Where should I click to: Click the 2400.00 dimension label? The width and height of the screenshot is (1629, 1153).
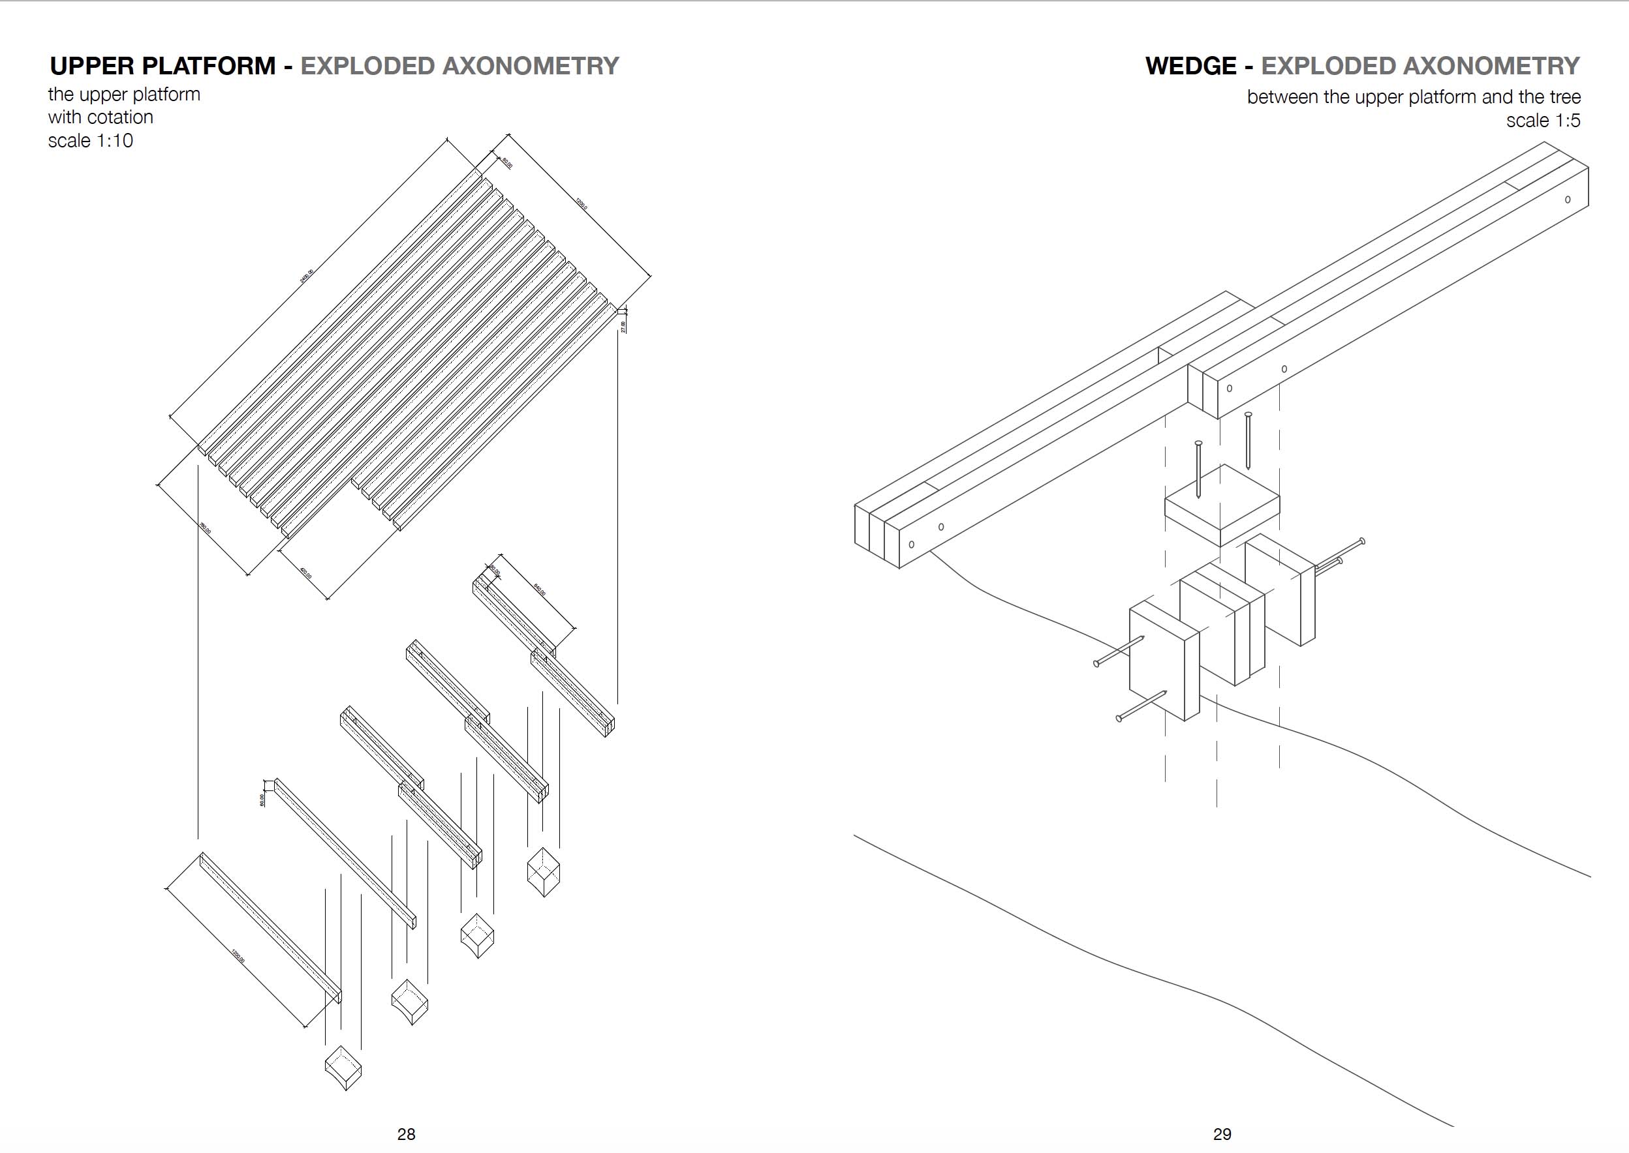[306, 276]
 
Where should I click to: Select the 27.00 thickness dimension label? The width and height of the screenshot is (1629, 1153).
[623, 327]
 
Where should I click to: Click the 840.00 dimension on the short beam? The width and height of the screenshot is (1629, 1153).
[539, 590]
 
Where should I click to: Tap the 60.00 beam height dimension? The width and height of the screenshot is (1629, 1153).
[262, 800]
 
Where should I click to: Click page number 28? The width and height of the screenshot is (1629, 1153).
[407, 1134]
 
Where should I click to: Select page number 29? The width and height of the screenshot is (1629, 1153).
[1222, 1134]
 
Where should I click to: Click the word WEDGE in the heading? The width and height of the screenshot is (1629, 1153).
[1190, 66]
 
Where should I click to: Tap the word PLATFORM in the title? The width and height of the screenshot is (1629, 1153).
[209, 66]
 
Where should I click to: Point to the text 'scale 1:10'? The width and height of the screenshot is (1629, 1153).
[90, 141]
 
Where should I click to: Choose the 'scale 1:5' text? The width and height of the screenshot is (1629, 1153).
[1543, 121]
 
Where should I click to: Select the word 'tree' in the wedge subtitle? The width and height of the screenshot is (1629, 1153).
[1565, 97]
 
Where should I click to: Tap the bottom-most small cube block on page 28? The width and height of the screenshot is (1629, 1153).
[343, 1067]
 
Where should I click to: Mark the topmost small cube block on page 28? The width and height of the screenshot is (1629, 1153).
[544, 871]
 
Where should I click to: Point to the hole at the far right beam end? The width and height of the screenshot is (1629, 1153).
[1568, 200]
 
